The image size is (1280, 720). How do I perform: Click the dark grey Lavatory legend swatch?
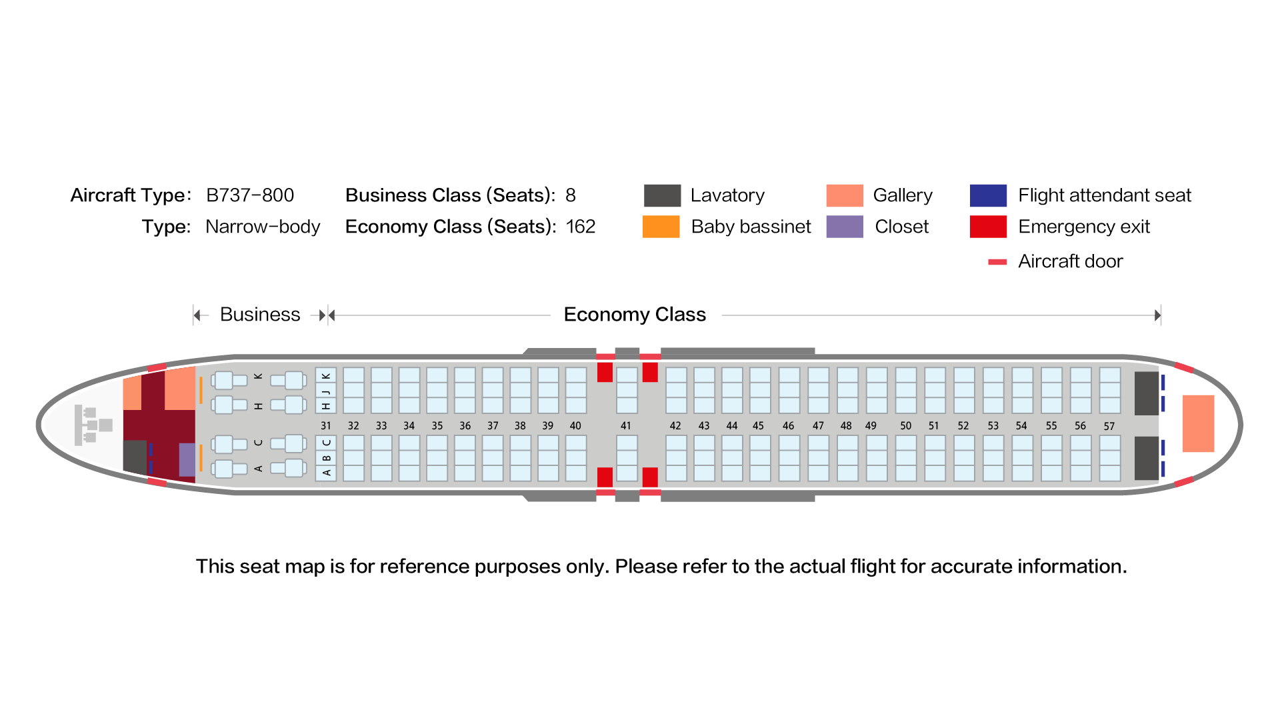point(662,195)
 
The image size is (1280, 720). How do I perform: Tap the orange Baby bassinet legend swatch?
point(661,227)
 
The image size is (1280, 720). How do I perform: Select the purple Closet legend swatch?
point(845,227)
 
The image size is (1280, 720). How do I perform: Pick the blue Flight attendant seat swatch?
point(988,195)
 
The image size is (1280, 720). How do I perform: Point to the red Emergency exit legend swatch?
point(988,227)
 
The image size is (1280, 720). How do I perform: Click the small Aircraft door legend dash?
point(997,262)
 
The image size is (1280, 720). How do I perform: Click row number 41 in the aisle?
point(625,425)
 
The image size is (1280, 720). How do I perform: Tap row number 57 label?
point(1109,426)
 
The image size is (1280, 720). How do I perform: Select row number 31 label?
point(325,425)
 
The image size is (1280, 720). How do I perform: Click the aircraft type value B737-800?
point(250,195)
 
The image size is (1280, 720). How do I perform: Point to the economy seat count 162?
point(581,227)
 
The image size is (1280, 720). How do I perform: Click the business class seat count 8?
point(571,195)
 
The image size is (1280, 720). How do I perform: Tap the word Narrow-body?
point(263,227)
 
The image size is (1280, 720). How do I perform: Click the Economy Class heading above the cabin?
point(635,314)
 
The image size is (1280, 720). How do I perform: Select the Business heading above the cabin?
point(260,314)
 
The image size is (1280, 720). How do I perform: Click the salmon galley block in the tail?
point(1198,423)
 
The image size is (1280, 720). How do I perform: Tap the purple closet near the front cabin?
point(187,459)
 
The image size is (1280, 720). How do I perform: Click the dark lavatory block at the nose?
point(135,457)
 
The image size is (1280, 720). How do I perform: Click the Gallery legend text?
point(903,195)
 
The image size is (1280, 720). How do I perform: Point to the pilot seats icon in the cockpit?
point(93,425)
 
